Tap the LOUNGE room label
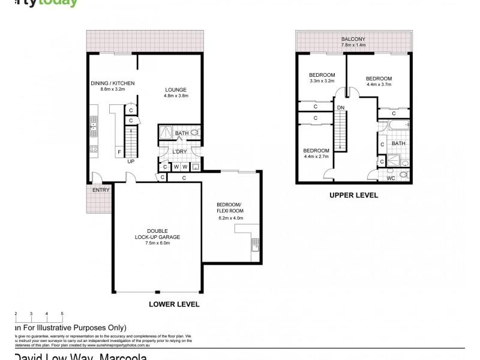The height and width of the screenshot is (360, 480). [x=176, y=89]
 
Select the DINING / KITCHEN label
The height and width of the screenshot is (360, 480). [x=112, y=83]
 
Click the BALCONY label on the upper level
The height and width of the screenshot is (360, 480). [x=353, y=39]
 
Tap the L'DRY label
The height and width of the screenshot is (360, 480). [x=179, y=152]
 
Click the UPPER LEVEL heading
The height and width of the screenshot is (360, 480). [x=353, y=196]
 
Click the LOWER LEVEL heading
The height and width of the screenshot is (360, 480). [x=173, y=304]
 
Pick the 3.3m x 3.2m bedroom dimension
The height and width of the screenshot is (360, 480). [x=322, y=81]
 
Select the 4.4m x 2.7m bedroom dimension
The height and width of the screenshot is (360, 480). [x=316, y=157]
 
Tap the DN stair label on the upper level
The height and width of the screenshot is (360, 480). [x=340, y=107]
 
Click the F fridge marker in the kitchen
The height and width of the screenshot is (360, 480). [x=119, y=152]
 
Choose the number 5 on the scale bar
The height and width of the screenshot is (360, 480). [x=62, y=313]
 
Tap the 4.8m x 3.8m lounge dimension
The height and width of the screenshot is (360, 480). [x=176, y=95]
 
